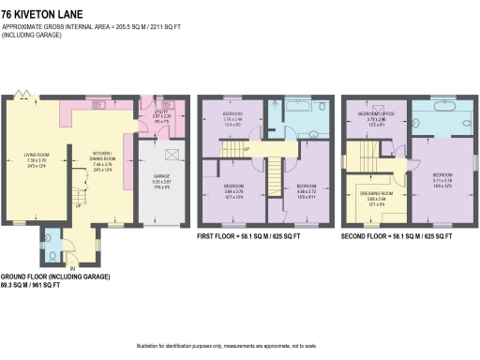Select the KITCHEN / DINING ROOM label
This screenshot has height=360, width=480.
tap(103, 158)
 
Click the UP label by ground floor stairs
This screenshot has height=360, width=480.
tap(76, 199)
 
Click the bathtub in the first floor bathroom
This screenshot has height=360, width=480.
tap(304, 106)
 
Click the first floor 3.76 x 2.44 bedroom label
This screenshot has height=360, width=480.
tap(232, 118)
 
